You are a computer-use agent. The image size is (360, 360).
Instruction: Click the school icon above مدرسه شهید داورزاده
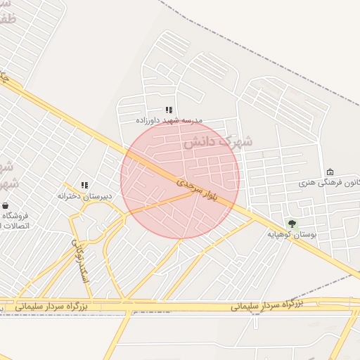point(168,110)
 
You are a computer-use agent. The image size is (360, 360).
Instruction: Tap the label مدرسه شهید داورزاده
point(168,120)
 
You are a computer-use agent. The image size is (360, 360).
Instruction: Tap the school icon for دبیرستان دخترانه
point(84,185)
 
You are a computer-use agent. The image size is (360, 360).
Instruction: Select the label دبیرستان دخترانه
point(84,195)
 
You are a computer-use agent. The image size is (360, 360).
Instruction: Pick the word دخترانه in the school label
point(71,195)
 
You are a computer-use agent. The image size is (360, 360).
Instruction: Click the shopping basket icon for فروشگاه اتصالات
point(6,206)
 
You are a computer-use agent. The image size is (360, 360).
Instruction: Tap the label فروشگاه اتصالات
point(14,220)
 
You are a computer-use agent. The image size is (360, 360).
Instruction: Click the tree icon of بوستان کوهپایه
point(292,223)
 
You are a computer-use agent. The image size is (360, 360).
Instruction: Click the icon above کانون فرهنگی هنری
point(330,172)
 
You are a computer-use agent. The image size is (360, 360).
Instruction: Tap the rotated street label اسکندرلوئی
point(79,258)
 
